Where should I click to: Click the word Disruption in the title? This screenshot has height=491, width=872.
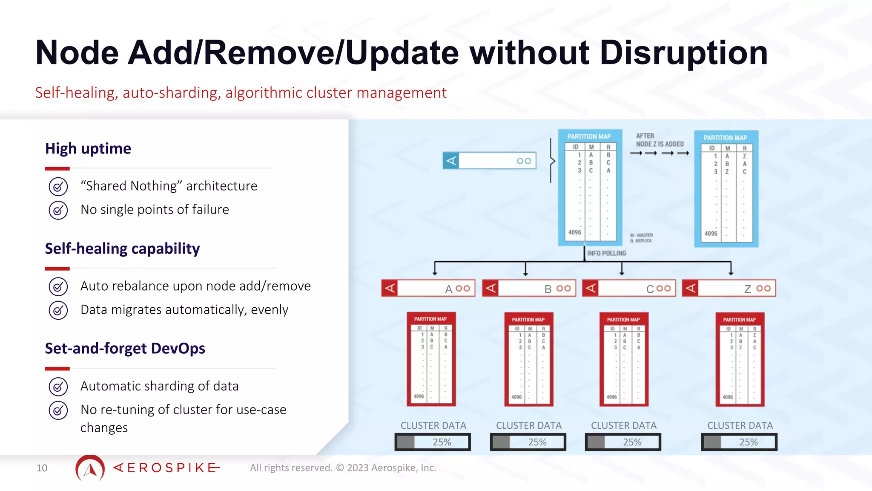[x=683, y=53]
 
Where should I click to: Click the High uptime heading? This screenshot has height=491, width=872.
[x=88, y=148]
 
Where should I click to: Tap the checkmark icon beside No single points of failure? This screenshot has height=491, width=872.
[x=58, y=210]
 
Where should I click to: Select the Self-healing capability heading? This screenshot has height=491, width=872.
[x=122, y=248]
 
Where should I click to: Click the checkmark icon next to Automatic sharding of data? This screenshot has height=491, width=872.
[x=58, y=387]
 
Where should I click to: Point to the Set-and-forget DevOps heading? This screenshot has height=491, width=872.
[x=125, y=348]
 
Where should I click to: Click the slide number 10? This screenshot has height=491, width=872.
[x=42, y=468]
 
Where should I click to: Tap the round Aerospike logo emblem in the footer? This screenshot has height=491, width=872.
[x=90, y=468]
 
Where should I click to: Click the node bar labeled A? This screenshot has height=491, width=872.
[x=428, y=289]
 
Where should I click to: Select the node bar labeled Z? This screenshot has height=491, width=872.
[x=729, y=289]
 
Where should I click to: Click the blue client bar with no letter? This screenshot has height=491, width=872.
[x=489, y=161]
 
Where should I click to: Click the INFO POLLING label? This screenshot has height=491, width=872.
[x=606, y=253]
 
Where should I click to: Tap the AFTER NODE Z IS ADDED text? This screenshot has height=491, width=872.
[x=660, y=140]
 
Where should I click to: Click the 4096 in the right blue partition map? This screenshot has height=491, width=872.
[x=711, y=234]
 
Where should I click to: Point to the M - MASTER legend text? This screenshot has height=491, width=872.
[x=641, y=235]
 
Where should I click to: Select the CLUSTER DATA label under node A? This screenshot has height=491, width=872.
[x=433, y=425]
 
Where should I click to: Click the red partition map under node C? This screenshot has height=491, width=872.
[x=624, y=359]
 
